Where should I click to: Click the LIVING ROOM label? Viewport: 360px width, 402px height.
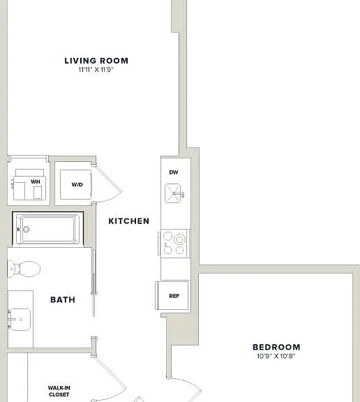pos(96,61)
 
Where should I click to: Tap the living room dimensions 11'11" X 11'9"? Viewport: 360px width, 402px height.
pos(96,70)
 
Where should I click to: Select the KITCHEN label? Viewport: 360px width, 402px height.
pos(129,221)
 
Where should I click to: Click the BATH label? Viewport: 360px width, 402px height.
pos(63,299)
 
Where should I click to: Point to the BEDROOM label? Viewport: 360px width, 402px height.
pos(276,347)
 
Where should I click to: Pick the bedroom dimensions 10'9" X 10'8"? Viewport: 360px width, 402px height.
pos(276,356)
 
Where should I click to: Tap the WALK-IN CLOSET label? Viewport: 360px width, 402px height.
pos(59,392)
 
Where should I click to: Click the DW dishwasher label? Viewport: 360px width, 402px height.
pos(174,172)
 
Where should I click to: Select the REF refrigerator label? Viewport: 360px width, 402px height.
pos(174,296)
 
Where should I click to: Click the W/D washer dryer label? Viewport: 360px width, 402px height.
pos(77,184)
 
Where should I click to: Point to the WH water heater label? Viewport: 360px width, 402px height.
pos(36,181)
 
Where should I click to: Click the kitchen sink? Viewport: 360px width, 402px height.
pos(173,193)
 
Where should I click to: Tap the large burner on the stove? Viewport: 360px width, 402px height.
pos(179,239)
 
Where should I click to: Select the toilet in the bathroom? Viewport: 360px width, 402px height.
pos(24,269)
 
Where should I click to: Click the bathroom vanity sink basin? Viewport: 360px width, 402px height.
pos(20,320)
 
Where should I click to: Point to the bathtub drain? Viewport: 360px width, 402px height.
pos(26,229)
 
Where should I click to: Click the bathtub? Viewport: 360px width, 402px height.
pos(48,229)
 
